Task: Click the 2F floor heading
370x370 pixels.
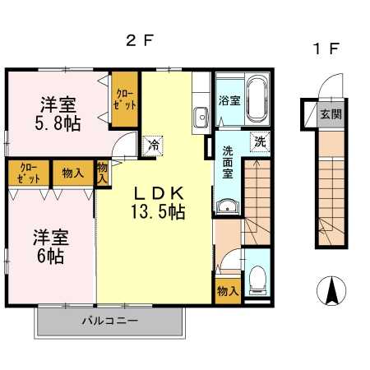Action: [x=139, y=40]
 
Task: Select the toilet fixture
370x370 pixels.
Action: [x=257, y=280]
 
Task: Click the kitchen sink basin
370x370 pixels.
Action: [x=201, y=118]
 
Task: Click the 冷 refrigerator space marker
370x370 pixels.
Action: [x=154, y=146]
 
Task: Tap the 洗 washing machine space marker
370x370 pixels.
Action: [x=260, y=141]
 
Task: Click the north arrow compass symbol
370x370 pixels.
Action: [x=331, y=290]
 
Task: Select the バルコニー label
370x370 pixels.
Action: [x=110, y=321]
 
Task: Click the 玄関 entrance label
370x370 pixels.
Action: [x=331, y=113]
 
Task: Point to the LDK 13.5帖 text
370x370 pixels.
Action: [x=158, y=203]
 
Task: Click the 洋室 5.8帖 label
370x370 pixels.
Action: [x=58, y=113]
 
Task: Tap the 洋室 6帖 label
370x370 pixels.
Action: [x=51, y=247]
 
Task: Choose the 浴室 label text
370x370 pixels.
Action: [x=229, y=100]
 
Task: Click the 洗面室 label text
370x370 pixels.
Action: [x=228, y=162]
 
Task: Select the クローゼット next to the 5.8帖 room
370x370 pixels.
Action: [x=125, y=99]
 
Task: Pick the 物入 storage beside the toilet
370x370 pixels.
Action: [x=228, y=291]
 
